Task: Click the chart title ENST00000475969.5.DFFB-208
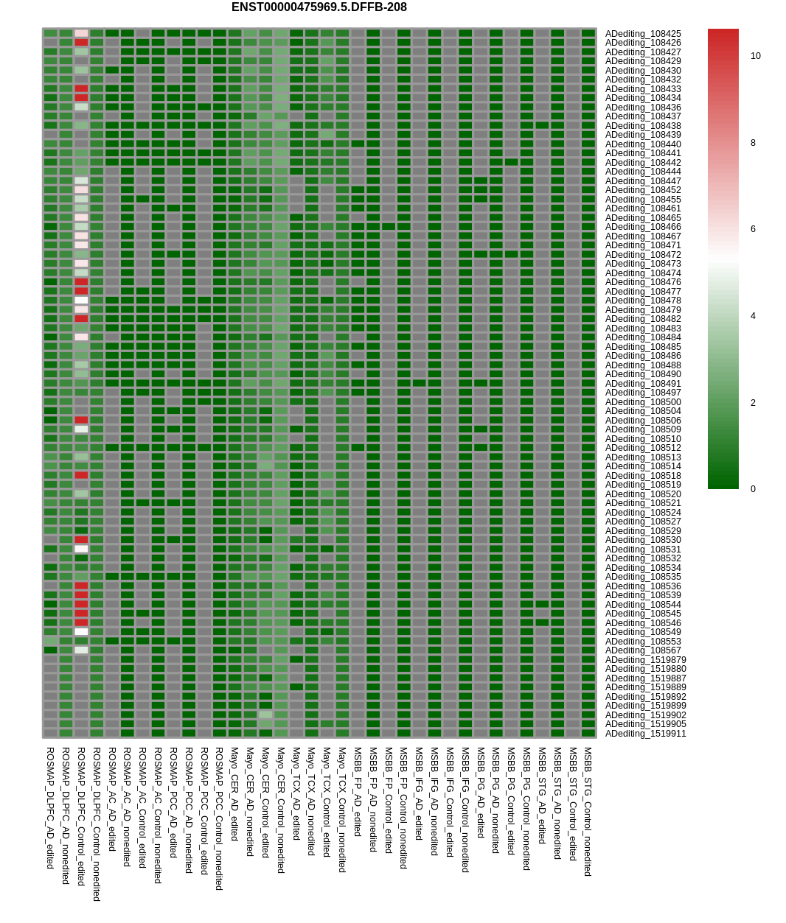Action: click(319, 7)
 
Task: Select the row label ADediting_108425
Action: click(643, 34)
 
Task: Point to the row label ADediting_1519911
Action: click(645, 734)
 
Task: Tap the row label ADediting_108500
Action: click(643, 402)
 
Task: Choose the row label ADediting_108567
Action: click(643, 650)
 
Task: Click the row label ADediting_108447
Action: click(643, 181)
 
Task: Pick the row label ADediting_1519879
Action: click(645, 660)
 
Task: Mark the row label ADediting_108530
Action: click(643, 540)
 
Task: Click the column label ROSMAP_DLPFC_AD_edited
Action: click(50, 807)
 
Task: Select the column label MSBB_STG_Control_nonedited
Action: click(588, 811)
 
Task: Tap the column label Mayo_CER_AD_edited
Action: click(234, 794)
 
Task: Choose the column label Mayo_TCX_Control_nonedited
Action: click(342, 810)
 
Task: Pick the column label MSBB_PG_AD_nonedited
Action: click(495, 799)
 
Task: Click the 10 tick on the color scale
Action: click(755, 56)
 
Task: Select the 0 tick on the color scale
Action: click(753, 489)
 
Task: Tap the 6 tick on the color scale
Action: click(753, 229)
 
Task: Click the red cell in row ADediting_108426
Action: click(81, 43)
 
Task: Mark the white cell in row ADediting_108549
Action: click(81, 632)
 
